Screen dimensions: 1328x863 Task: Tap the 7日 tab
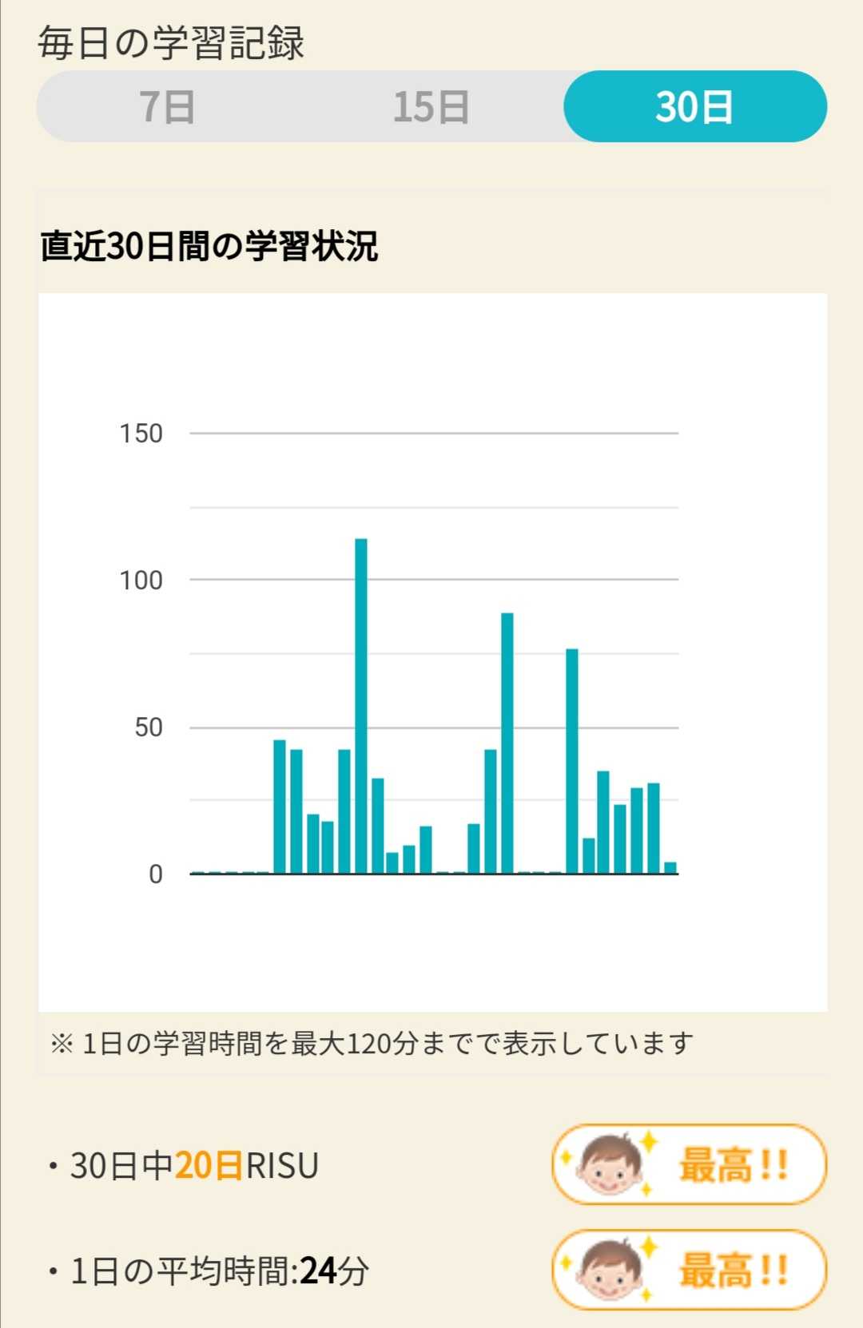click(167, 107)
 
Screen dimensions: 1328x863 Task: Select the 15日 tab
click(431, 107)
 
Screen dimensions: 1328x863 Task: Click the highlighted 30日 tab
click(694, 107)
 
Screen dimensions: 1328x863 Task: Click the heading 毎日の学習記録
click(171, 43)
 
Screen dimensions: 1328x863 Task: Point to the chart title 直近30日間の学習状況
click(209, 246)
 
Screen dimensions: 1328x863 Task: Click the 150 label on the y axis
click(141, 434)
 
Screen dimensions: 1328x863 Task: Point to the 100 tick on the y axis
click(141, 581)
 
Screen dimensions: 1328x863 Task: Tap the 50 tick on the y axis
click(149, 727)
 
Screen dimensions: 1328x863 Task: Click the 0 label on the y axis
click(156, 874)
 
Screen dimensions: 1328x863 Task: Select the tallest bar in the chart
click(361, 706)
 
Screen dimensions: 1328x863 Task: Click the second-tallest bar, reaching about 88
click(507, 743)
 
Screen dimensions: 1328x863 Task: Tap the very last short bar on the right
click(670, 868)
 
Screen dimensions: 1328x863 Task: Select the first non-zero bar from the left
click(280, 807)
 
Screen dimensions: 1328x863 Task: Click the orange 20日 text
click(209, 1166)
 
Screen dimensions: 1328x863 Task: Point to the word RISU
click(282, 1166)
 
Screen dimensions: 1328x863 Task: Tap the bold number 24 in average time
click(317, 1271)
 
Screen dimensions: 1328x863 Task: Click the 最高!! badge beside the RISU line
click(689, 1164)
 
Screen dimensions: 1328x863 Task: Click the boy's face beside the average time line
click(610, 1270)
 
